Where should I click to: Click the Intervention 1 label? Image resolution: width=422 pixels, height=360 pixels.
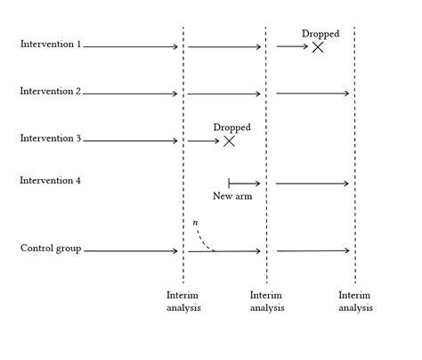pos(51,44)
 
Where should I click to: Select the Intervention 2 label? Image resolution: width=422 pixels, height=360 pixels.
pos(51,92)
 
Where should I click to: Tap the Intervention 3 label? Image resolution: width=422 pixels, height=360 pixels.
pos(51,139)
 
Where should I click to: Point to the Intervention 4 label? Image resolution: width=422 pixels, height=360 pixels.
pos(51,181)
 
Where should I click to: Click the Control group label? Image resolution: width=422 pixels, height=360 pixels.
pos(51,249)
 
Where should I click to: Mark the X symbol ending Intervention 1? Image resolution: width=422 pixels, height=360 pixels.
pos(317,46)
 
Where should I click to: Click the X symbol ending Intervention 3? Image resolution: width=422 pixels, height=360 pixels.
pos(229,141)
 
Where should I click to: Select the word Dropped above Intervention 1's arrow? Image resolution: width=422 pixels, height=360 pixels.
pos(321,34)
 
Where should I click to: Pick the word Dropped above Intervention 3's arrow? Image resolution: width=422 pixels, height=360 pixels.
pos(232,127)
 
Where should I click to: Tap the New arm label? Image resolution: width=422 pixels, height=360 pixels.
pos(232,196)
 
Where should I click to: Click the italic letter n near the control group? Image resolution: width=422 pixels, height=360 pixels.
pos(196,221)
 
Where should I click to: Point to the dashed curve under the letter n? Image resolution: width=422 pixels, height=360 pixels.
pos(204,241)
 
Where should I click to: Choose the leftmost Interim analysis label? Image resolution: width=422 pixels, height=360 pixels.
pos(183,301)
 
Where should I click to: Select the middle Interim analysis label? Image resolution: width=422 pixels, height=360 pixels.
pos(267,301)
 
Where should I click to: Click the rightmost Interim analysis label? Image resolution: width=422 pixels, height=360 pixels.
pos(355,301)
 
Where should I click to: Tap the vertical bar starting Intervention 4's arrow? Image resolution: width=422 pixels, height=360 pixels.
pos(229,183)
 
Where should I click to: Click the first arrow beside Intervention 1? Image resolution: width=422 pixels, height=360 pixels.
pos(131,46)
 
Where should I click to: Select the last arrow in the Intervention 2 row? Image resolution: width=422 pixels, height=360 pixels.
pos(312,93)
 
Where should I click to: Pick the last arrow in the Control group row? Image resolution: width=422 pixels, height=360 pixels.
pos(312,250)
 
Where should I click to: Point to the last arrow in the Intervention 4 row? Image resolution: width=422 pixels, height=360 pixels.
pos(312,184)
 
